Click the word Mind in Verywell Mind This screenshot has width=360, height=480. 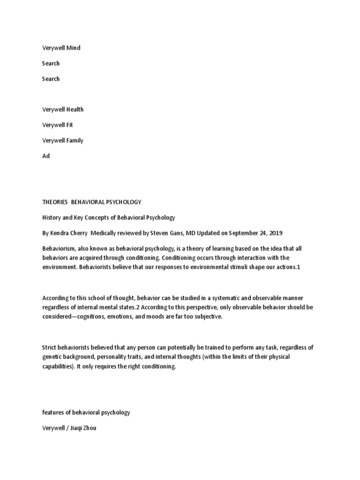(74, 48)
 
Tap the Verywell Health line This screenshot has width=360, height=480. (63, 109)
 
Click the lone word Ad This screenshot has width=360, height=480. (46, 156)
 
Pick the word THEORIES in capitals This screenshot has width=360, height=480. (55, 202)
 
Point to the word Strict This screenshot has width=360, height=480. (50, 347)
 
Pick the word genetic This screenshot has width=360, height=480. (52, 357)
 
